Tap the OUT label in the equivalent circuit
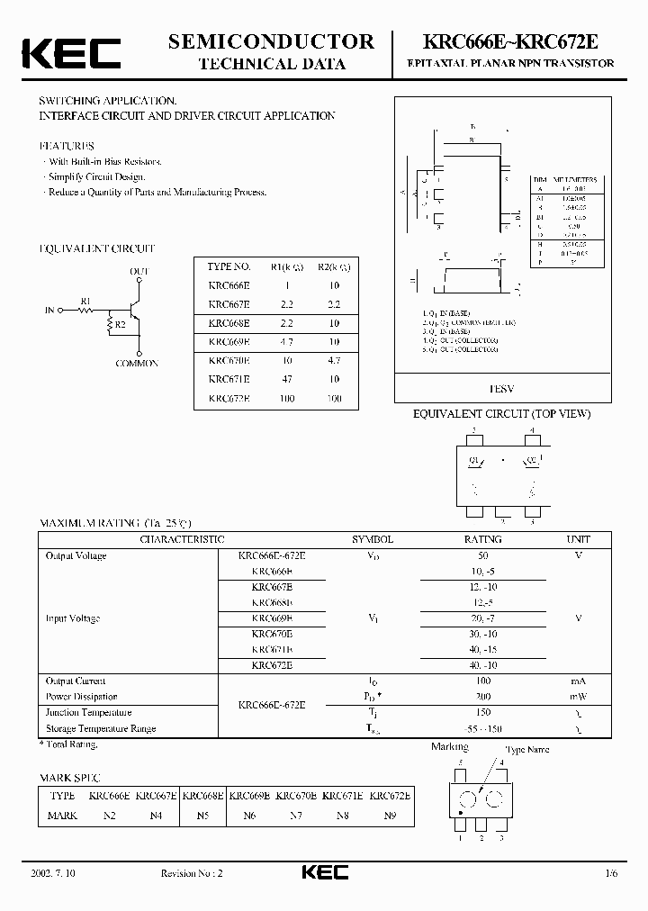point(139,271)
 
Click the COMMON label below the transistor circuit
point(137,364)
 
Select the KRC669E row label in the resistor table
point(229,342)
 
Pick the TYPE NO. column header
point(229,266)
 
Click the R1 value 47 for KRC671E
point(286,380)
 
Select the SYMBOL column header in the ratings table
point(373,539)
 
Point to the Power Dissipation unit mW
point(578,697)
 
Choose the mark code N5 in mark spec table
point(202,815)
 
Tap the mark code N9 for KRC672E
point(390,815)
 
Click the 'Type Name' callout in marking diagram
point(526,750)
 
